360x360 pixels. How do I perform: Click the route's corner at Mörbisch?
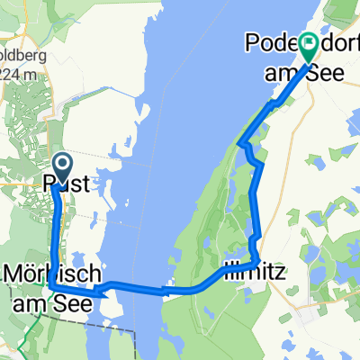click(x=50, y=284)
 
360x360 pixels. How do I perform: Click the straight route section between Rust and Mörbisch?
click(x=61, y=234)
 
